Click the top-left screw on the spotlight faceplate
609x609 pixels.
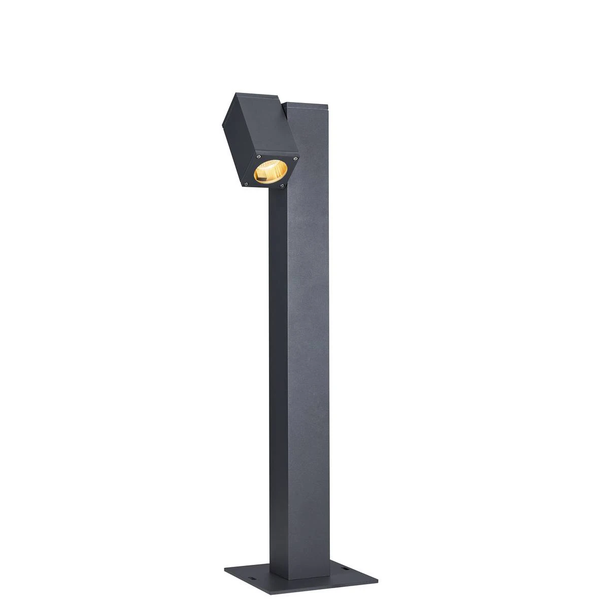[258, 155]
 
